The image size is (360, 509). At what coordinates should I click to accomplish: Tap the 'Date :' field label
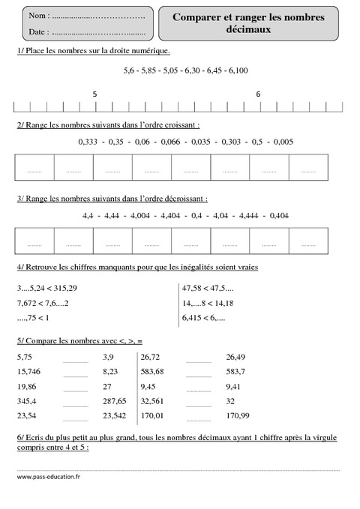38,32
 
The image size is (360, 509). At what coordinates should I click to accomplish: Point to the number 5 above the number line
94,94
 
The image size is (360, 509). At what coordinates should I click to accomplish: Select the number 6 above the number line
259,94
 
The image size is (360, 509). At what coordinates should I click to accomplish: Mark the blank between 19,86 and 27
76,388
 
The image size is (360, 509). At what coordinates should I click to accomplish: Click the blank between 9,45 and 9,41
199,388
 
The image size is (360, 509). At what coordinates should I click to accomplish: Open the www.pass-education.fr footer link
49,475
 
